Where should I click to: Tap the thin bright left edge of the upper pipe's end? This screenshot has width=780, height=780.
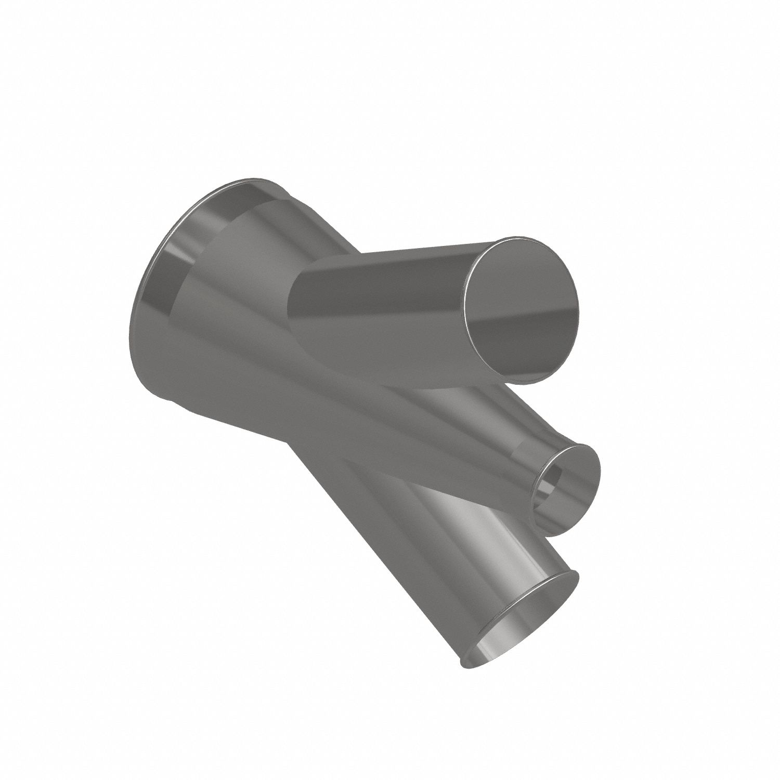(468, 302)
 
